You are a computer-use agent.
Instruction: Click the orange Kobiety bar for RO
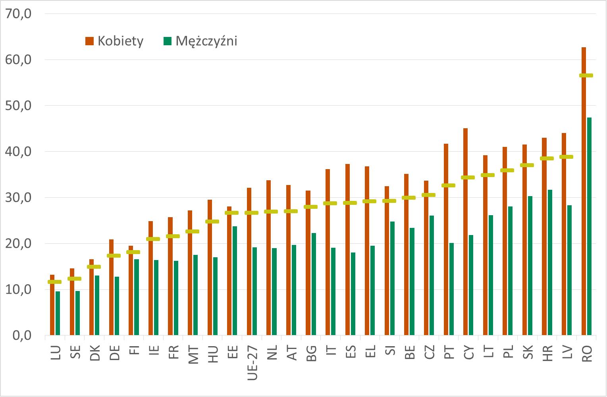click(584, 191)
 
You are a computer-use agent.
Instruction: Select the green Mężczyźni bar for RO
click(589, 226)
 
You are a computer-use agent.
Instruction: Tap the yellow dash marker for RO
click(586, 75)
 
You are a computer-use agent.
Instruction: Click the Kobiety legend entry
click(115, 41)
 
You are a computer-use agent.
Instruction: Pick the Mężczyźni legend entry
click(201, 41)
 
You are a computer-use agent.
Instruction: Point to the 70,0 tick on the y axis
click(19, 14)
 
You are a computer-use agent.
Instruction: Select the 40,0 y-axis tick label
click(19, 152)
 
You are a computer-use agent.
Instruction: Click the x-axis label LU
click(56, 353)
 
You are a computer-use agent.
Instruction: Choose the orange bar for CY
click(466, 232)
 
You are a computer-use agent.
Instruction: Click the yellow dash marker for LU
click(55, 282)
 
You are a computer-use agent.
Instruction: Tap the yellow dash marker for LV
click(567, 157)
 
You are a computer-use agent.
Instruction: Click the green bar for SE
click(77, 313)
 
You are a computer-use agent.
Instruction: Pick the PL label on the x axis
click(508, 353)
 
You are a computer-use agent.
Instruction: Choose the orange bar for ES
click(347, 250)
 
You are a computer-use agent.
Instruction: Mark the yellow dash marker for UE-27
click(252, 213)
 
